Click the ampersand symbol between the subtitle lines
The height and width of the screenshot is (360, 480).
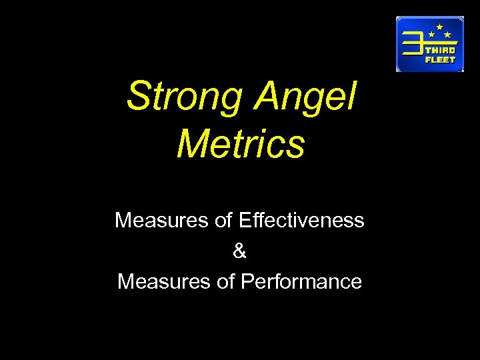[x=240, y=251]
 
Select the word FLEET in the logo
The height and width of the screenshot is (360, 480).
[x=441, y=59]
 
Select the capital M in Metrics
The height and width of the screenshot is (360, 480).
[x=191, y=145]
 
